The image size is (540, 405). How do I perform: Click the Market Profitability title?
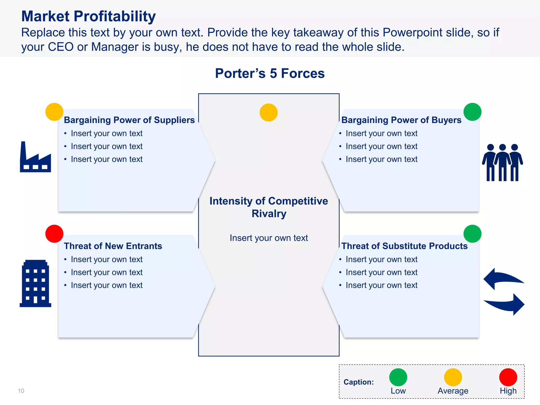(x=88, y=16)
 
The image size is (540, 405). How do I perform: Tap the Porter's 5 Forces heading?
(x=270, y=73)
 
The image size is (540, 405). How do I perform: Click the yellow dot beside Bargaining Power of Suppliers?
(x=54, y=112)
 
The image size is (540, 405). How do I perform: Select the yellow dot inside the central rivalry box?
(x=268, y=113)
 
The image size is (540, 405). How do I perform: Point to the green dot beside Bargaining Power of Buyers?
(x=472, y=112)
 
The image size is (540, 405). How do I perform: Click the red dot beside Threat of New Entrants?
(x=54, y=234)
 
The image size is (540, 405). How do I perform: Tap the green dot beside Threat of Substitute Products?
(x=472, y=234)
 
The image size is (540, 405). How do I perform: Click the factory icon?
(x=35, y=158)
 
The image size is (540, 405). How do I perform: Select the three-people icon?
(x=502, y=163)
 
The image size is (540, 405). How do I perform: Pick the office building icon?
(x=35, y=283)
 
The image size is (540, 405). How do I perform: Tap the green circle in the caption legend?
(x=398, y=377)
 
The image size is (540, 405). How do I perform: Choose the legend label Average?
(x=453, y=391)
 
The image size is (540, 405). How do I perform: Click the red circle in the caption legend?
(x=508, y=377)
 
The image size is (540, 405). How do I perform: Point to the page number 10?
(x=21, y=391)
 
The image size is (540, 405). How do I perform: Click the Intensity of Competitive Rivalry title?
(x=269, y=207)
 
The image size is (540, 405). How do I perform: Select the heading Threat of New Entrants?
(x=113, y=246)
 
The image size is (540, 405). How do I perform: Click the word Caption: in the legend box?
(x=359, y=382)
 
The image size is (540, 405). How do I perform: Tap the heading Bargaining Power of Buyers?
(x=401, y=120)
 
